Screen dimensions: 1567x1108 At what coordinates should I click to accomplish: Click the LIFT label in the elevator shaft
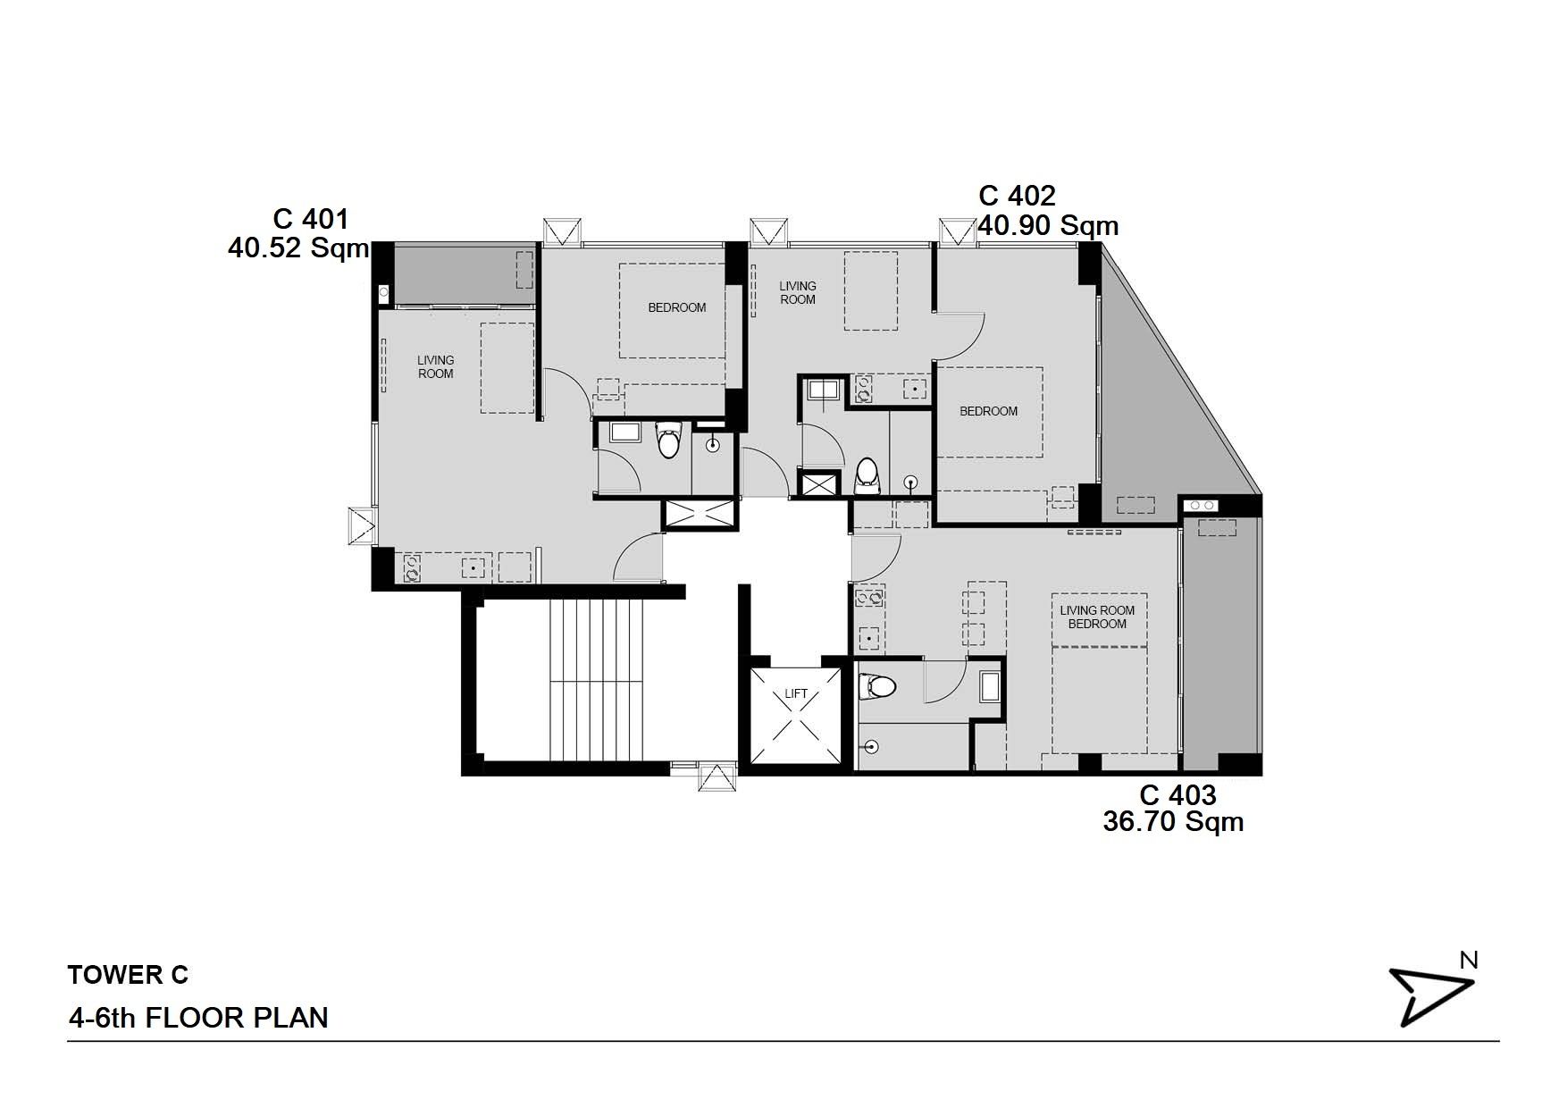coord(795,693)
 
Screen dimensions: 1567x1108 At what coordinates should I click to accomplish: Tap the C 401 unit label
coord(310,219)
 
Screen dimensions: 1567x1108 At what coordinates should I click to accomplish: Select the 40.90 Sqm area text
coord(1048,225)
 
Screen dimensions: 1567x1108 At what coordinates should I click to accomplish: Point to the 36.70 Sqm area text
coord(1173,821)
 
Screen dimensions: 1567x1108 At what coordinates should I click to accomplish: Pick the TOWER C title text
coord(128,975)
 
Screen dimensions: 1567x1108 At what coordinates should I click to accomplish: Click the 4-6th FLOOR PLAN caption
coord(198,1018)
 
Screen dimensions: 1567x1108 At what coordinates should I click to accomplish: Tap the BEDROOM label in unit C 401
coord(676,307)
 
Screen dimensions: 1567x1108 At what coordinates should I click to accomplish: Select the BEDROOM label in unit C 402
coord(988,411)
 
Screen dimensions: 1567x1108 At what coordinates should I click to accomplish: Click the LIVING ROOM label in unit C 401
coord(435,366)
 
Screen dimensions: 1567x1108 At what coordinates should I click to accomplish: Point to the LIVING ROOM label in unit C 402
coord(797,293)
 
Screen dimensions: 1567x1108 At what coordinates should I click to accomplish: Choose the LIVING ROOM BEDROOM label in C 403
coord(1097,617)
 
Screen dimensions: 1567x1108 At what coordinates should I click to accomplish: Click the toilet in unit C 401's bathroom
coord(667,440)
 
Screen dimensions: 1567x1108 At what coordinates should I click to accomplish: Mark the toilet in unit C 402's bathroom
coord(866,477)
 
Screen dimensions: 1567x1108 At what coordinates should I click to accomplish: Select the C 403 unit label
coord(1177,794)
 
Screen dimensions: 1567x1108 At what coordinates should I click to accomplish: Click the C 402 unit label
coord(1017,195)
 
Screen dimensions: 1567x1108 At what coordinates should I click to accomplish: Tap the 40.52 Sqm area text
coord(298,248)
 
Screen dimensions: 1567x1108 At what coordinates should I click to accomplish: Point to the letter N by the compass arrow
coord(1468,960)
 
